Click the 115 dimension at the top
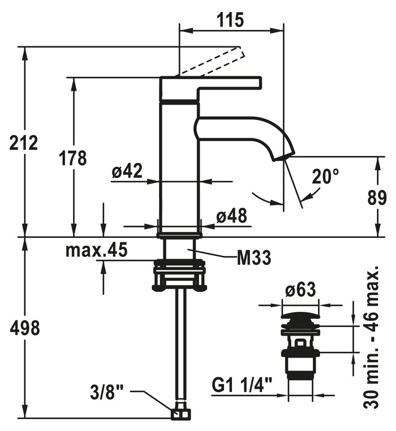point(231,20)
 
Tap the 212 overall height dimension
point(24,143)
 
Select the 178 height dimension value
point(73,158)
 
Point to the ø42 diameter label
point(127,172)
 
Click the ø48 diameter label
point(232,216)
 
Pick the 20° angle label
point(325,177)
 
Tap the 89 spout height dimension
point(377,198)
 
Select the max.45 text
point(96,250)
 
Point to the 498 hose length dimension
point(24,328)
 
